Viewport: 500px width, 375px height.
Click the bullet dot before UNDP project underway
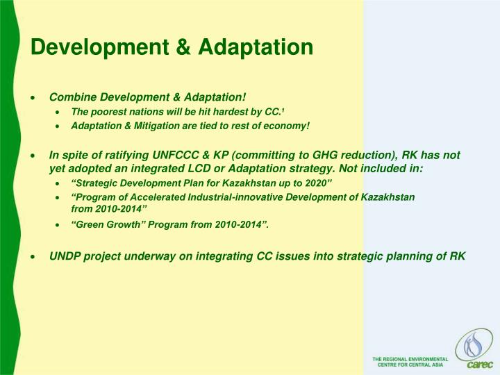point(33,256)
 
